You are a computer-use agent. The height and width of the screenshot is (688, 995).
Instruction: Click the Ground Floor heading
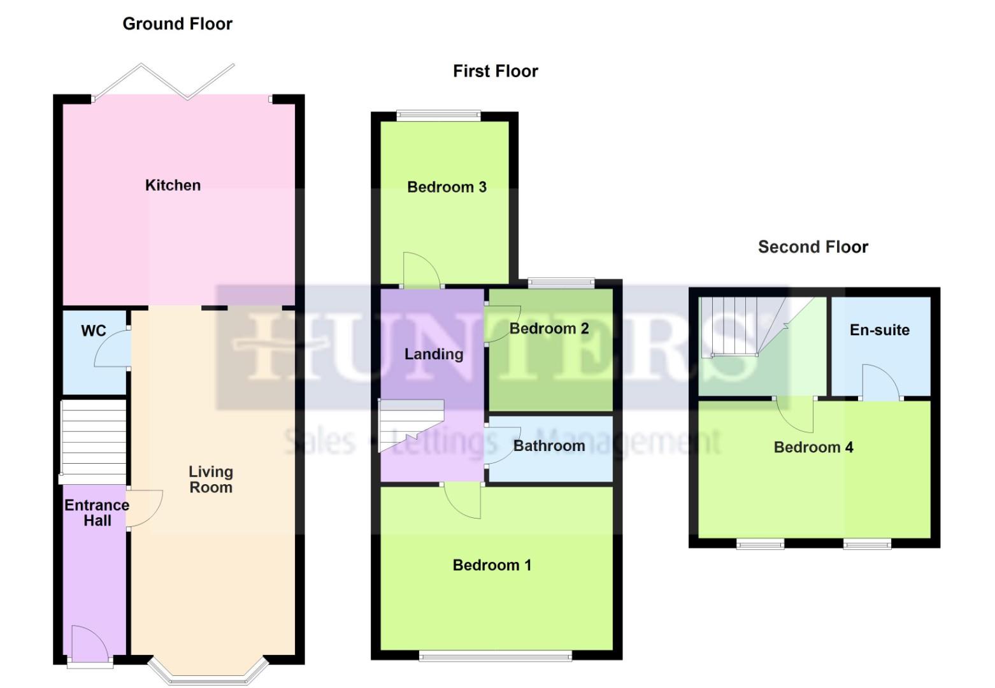pyautogui.click(x=177, y=24)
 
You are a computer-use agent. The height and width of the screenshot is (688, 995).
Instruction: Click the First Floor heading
pyautogui.click(x=495, y=71)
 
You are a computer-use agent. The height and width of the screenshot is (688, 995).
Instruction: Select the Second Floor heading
pyautogui.click(x=813, y=247)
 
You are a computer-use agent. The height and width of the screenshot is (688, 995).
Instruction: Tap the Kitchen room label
pyautogui.click(x=173, y=185)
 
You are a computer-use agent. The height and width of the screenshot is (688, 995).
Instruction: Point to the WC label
pyautogui.click(x=94, y=331)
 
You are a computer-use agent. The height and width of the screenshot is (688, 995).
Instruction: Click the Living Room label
pyautogui.click(x=210, y=480)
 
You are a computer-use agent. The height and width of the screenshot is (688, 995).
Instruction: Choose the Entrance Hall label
pyautogui.click(x=97, y=513)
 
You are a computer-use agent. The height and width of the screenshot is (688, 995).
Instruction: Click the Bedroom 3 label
pyautogui.click(x=447, y=187)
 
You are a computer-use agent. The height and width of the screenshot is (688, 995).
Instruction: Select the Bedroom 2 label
pyautogui.click(x=549, y=329)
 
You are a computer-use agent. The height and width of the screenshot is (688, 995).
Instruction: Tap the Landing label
pyautogui.click(x=434, y=354)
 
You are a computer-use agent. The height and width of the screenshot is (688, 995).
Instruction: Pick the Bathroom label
pyautogui.click(x=549, y=446)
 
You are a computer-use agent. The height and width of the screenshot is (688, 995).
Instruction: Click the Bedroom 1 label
pyautogui.click(x=492, y=565)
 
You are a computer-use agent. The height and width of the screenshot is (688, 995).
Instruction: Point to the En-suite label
pyautogui.click(x=879, y=330)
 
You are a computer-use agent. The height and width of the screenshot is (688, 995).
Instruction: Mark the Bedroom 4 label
pyautogui.click(x=813, y=447)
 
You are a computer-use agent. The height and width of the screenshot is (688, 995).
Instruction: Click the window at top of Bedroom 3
pyautogui.click(x=438, y=115)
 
